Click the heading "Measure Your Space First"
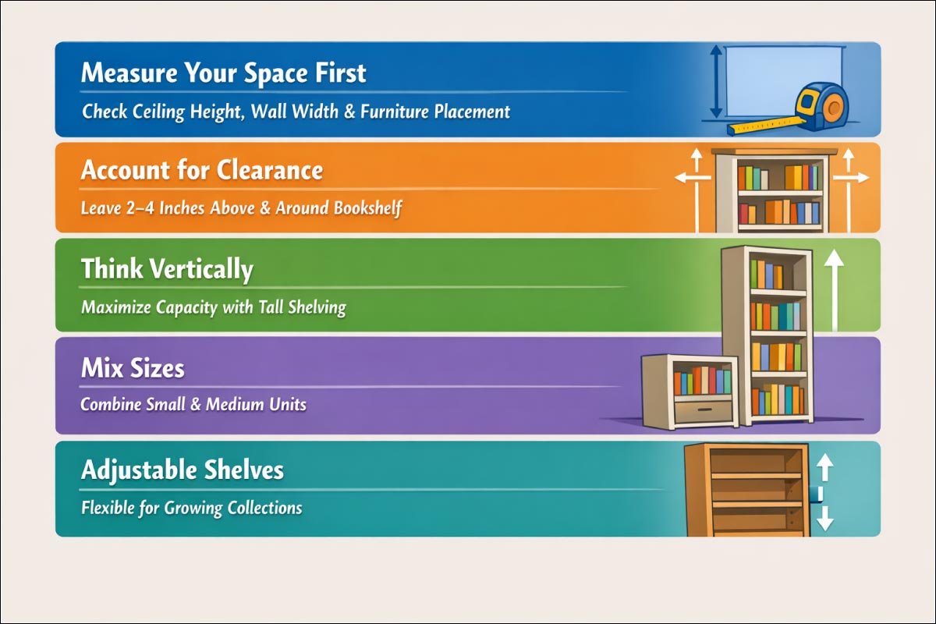(223, 73)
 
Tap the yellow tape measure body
(823, 105)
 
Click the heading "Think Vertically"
(167, 269)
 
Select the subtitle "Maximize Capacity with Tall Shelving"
(213, 307)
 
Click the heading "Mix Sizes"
(133, 367)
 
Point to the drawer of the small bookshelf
(704, 410)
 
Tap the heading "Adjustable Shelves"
(182, 470)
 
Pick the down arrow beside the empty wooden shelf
(825, 519)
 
